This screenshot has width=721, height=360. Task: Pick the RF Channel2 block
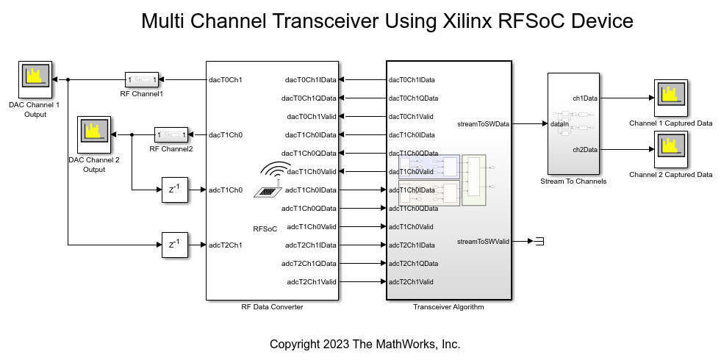pyautogui.click(x=171, y=134)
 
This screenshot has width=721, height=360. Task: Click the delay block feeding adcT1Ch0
pyautogui.click(x=174, y=190)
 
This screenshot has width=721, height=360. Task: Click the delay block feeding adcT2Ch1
pyautogui.click(x=174, y=245)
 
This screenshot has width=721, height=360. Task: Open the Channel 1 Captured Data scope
pyautogui.click(x=670, y=98)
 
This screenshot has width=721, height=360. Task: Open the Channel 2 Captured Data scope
pyautogui.click(x=670, y=150)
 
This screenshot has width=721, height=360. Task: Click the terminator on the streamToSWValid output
pyautogui.click(x=539, y=241)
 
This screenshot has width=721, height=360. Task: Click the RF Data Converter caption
pyautogui.click(x=272, y=307)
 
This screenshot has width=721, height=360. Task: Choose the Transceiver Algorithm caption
pyautogui.click(x=448, y=307)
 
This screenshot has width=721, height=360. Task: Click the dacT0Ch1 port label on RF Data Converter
pyautogui.click(x=226, y=79)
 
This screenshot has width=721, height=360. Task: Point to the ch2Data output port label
pyautogui.click(x=585, y=150)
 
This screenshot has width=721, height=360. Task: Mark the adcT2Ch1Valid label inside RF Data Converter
pyautogui.click(x=311, y=282)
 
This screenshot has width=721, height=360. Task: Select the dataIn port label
pyautogui.click(x=559, y=125)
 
